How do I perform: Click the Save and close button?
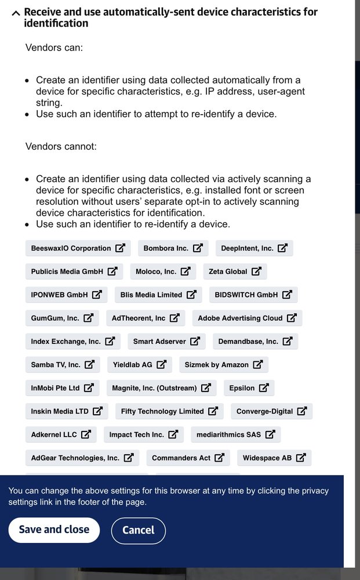pyautogui.click(x=54, y=530)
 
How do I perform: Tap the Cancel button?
pyautogui.click(x=138, y=531)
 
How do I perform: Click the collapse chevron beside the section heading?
pyautogui.click(x=16, y=12)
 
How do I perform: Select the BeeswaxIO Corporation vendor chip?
pyautogui.click(x=78, y=248)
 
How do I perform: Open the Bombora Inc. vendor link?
pyautogui.click(x=173, y=248)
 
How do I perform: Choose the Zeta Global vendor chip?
pyautogui.click(x=235, y=271)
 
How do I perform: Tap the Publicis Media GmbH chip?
pyautogui.click(x=74, y=271)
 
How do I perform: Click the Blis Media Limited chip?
pyautogui.click(x=158, y=295)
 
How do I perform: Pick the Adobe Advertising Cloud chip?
pyautogui.click(x=247, y=318)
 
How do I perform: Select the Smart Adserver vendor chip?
pyautogui.click(x=166, y=342)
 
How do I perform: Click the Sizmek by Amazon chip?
pyautogui.click(x=223, y=365)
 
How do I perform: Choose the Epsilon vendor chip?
pyautogui.click(x=249, y=388)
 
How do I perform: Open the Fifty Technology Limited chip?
pyautogui.click(x=169, y=411)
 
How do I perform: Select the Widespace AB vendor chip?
pyautogui.click(x=274, y=458)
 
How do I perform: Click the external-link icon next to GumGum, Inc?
pyautogui.click(x=89, y=318)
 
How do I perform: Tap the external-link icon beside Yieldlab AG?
pyautogui.click(x=161, y=365)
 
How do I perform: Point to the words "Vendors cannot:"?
pyautogui.click(x=61, y=146)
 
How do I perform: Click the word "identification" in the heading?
pyautogui.click(x=56, y=23)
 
